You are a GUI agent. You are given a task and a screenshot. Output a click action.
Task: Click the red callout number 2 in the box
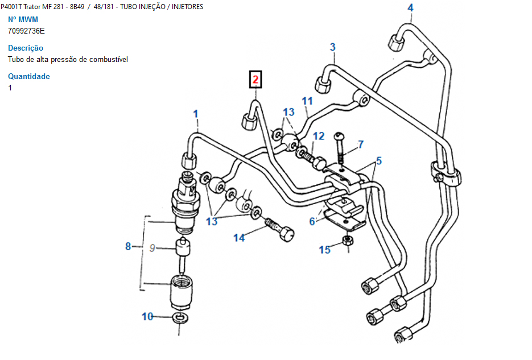click(x=255, y=80)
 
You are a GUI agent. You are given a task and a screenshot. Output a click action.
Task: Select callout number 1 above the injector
click(x=196, y=114)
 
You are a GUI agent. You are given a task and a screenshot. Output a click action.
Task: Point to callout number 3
click(x=333, y=47)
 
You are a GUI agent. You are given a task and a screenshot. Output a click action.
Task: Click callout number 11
click(x=307, y=101)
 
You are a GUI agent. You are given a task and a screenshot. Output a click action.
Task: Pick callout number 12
click(x=319, y=136)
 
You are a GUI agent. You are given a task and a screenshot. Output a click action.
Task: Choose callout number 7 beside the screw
click(x=360, y=144)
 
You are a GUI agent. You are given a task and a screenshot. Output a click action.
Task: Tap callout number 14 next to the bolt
click(x=239, y=238)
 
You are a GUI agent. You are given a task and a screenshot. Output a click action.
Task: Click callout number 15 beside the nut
click(x=324, y=250)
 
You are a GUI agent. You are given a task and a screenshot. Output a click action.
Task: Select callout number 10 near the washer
click(x=147, y=316)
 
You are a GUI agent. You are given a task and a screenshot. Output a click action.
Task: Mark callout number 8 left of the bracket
click(x=128, y=246)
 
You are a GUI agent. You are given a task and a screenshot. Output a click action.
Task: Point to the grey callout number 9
click(x=151, y=247)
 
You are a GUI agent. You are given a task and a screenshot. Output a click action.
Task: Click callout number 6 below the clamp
click(x=312, y=221)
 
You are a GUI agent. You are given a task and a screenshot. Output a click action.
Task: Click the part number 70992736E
click(x=26, y=31)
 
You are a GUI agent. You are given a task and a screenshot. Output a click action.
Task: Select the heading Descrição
click(x=26, y=48)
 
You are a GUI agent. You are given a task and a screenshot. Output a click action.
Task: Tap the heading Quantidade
click(x=29, y=77)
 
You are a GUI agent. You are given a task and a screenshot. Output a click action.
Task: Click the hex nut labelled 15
click(x=348, y=242)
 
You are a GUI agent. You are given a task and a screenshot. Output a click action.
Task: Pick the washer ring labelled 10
click(x=180, y=317)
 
